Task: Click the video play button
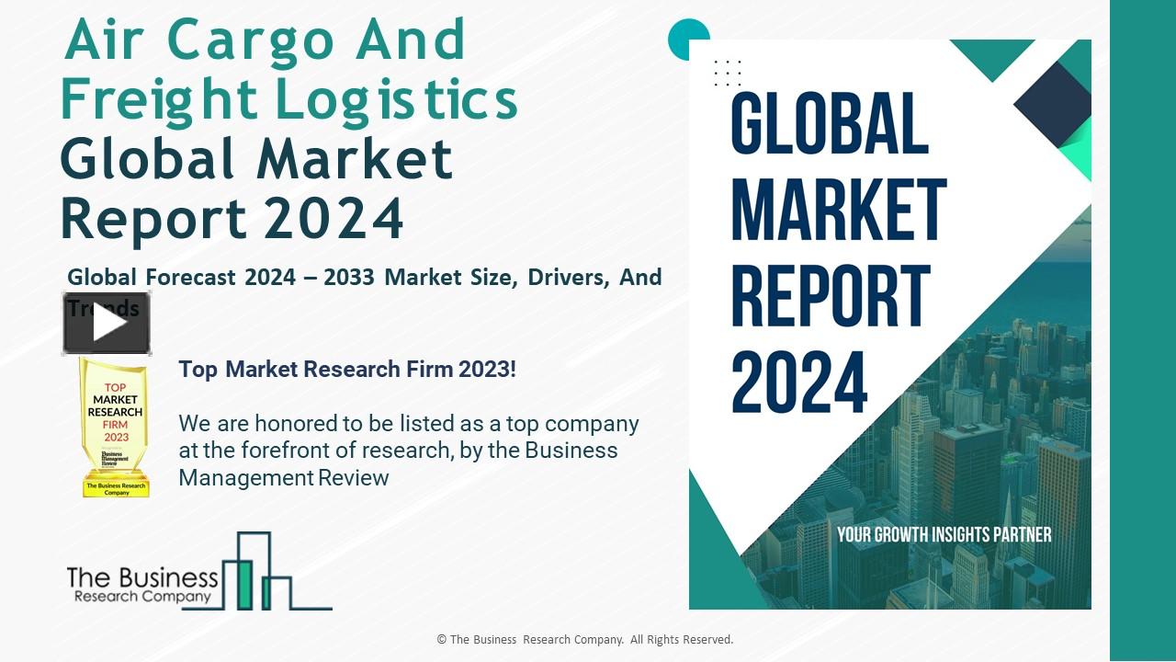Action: (x=107, y=324)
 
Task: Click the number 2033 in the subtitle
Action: (x=349, y=277)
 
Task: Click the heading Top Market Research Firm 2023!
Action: (x=347, y=370)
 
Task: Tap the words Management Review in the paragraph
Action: (x=283, y=478)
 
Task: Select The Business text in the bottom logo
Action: (x=141, y=577)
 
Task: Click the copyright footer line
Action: (x=585, y=640)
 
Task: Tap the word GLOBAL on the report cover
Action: (x=830, y=125)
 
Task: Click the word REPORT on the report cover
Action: (x=831, y=297)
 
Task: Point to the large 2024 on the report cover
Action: (x=799, y=382)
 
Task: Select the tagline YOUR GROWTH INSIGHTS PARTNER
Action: (x=944, y=534)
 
